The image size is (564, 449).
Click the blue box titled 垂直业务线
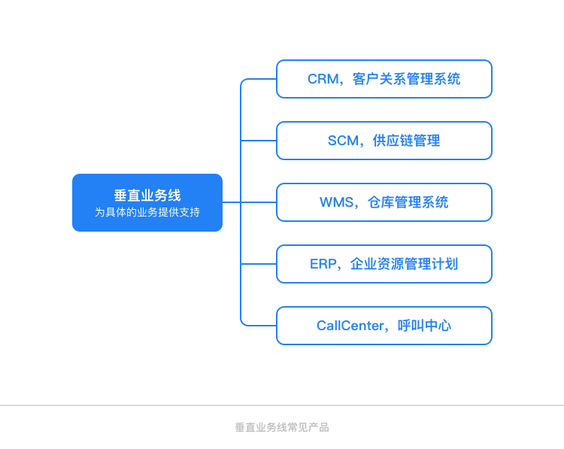click(x=147, y=202)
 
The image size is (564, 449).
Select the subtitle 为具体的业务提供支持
click(x=147, y=212)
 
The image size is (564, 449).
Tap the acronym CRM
click(x=323, y=79)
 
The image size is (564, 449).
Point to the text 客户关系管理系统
click(x=406, y=79)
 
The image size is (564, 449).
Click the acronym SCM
click(x=343, y=141)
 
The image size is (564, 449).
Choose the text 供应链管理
click(x=406, y=141)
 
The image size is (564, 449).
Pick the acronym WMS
click(x=336, y=202)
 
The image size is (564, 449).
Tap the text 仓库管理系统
click(x=408, y=202)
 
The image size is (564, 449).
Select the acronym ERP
click(x=323, y=264)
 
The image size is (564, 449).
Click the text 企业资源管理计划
click(x=405, y=264)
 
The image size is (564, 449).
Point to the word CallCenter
click(x=350, y=326)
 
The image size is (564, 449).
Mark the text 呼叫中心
click(x=424, y=326)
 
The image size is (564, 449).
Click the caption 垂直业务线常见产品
click(x=282, y=427)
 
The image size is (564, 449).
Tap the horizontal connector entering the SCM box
click(x=259, y=141)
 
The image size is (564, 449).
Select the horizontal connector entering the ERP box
click(x=259, y=264)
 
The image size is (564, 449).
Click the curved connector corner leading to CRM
click(x=243, y=81)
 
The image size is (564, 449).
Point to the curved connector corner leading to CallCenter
click(x=243, y=323)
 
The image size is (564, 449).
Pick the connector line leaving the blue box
click(x=232, y=202)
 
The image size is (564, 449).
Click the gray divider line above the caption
click(x=282, y=405)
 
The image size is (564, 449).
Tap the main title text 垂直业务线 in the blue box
click(x=147, y=196)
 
